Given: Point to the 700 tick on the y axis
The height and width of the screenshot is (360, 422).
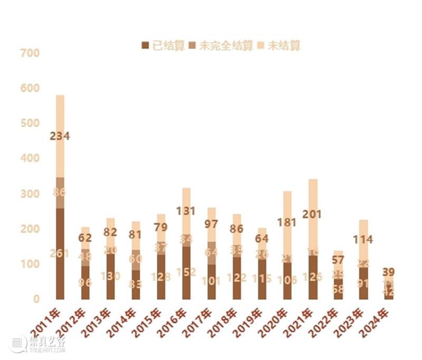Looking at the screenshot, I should pos(30,53).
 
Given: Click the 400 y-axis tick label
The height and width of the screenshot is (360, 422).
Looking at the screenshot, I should pos(30,158).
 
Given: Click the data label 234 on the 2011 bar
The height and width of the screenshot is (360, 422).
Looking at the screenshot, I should pos(60,136).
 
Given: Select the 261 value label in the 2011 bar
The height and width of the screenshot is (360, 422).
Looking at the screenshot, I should pos(60,253).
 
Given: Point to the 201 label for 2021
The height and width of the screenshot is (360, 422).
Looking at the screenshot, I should pos(312,214).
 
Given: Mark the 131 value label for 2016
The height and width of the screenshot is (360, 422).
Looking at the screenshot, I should pos(186,211).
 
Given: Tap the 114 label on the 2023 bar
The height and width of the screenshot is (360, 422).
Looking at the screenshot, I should pos(363,240).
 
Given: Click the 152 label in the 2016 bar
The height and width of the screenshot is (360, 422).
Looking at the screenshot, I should pos(186,272).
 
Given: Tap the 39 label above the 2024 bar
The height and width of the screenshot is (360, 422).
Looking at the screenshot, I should pos(388,272).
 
